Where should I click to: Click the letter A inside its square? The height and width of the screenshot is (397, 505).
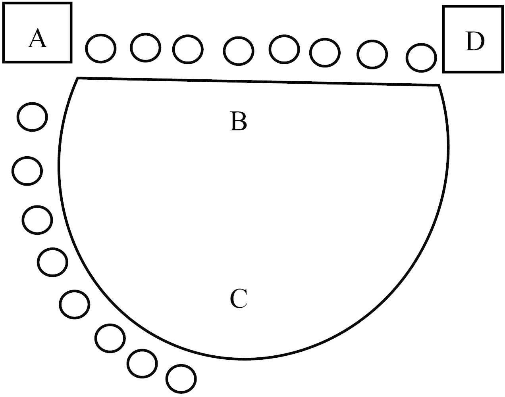click(x=38, y=39)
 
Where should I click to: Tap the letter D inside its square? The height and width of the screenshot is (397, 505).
click(x=474, y=42)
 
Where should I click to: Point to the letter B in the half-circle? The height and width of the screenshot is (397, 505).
click(x=238, y=121)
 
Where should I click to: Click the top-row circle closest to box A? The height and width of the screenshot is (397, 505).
click(x=101, y=48)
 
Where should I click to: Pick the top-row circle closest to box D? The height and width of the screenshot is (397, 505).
click(x=421, y=58)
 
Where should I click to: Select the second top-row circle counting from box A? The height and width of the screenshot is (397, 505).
click(x=145, y=48)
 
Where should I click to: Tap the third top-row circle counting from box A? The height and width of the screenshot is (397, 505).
click(x=188, y=50)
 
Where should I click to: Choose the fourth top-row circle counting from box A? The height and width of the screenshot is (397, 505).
click(x=238, y=51)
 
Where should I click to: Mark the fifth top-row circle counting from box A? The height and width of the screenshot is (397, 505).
click(x=284, y=49)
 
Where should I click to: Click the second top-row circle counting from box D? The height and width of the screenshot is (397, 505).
click(x=372, y=54)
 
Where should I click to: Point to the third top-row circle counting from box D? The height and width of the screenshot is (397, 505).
click(x=325, y=53)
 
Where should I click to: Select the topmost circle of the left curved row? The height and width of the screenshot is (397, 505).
click(x=32, y=117)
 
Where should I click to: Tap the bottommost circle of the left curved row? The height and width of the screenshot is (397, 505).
click(x=181, y=379)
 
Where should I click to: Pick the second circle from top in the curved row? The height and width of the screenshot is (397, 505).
click(x=27, y=171)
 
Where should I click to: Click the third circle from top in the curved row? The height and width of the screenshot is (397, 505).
click(x=37, y=220)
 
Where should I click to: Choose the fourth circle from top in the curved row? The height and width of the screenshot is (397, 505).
click(x=52, y=262)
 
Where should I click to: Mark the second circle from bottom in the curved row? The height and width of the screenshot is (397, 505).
click(x=142, y=363)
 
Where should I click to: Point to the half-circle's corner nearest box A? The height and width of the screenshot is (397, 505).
click(x=77, y=79)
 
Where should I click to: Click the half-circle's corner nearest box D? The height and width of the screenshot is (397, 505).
click(x=439, y=85)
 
